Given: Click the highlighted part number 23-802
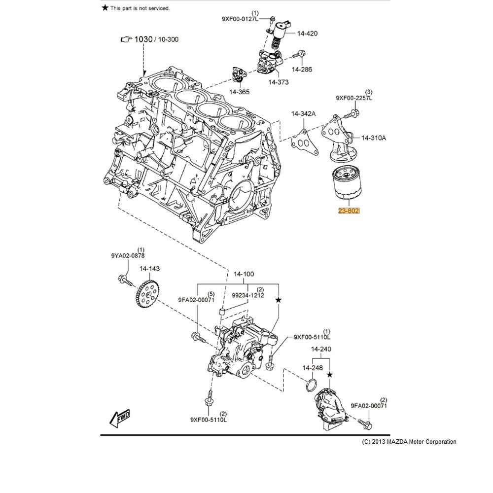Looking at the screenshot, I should [349, 211].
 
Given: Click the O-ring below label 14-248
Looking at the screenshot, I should [312, 385].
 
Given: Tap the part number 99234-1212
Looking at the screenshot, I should [248, 295].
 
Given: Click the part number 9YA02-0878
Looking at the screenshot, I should [128, 255].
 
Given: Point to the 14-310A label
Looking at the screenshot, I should [374, 138].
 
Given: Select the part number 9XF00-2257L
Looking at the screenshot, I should [354, 98].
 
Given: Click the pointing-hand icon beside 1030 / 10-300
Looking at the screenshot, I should [127, 39].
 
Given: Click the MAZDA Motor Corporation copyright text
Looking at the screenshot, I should [409, 442].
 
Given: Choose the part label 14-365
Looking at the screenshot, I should [240, 92].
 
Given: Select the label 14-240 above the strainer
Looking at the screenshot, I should [321, 349].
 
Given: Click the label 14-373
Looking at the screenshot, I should [279, 82].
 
